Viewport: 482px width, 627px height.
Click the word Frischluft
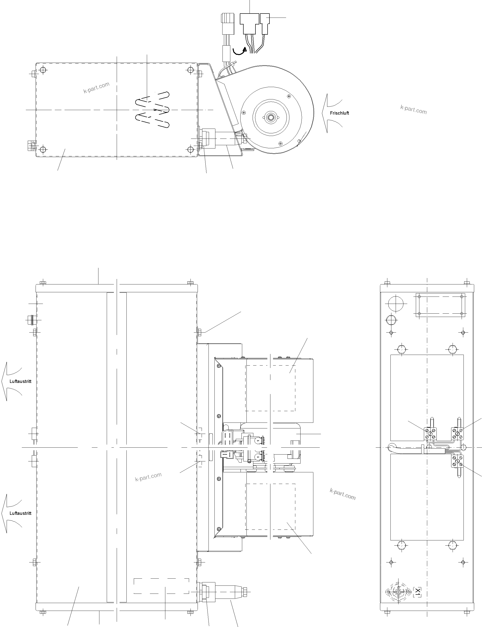pos(339,113)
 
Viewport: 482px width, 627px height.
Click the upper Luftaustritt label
pos(20,381)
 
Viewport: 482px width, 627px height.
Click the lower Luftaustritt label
pos(20,513)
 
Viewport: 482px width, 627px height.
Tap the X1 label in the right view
pos(417,591)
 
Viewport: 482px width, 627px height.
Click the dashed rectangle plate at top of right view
pos(440,305)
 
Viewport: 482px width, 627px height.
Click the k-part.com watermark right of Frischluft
pos(413,110)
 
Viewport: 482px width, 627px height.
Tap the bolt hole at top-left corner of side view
pos(43,70)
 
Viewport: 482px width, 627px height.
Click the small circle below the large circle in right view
pos(391,319)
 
